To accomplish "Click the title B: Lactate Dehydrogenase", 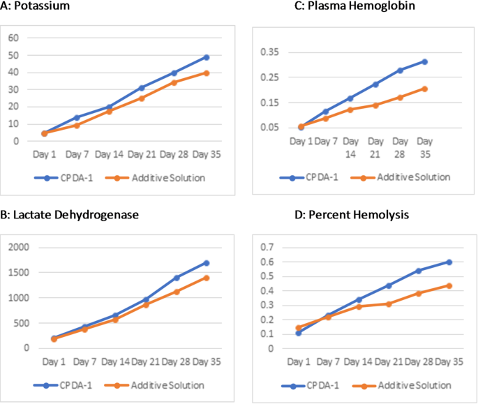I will click(x=70, y=215).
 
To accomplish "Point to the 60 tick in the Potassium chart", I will click(x=13, y=38).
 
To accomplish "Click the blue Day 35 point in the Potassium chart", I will click(x=207, y=57).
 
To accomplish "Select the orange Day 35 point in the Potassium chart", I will click(x=207, y=73).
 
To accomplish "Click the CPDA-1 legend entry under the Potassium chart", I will click(x=71, y=178).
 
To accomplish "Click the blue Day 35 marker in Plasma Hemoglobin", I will click(x=424, y=62).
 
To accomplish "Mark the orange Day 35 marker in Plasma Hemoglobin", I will click(x=424, y=89).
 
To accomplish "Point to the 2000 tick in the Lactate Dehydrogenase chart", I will click(x=18, y=248).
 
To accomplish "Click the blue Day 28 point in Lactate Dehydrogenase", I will click(x=177, y=278).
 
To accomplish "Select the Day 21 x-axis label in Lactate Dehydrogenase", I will click(x=146, y=362).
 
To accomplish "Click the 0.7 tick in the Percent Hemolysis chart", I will click(x=266, y=248).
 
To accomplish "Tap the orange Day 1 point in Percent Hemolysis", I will click(x=299, y=327).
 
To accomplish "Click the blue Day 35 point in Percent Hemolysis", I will click(x=449, y=262).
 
